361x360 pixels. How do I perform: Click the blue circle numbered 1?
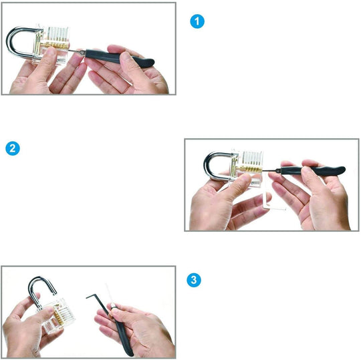(197, 21)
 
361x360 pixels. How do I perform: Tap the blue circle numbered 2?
(13, 148)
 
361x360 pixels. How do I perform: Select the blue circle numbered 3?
(194, 280)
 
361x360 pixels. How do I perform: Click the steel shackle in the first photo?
(9, 43)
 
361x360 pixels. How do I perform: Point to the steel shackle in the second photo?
(207, 166)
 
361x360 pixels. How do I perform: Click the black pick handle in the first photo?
(120, 58)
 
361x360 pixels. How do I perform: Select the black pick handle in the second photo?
(313, 170)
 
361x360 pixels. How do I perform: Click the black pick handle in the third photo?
(124, 336)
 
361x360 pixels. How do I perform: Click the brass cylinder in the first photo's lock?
(54, 45)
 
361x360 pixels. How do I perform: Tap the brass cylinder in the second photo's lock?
(249, 169)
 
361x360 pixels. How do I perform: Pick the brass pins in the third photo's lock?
(59, 315)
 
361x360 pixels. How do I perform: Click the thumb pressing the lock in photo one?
(47, 59)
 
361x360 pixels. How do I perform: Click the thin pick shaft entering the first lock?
(77, 51)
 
